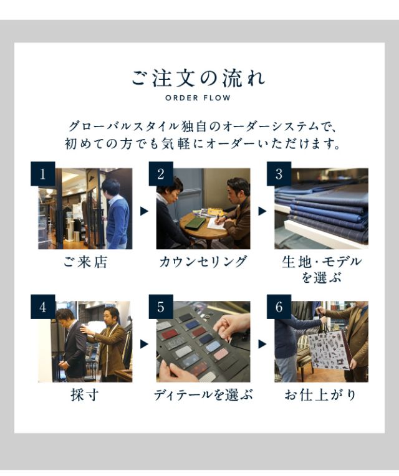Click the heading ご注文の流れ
click(x=199, y=79)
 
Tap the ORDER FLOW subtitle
click(x=198, y=98)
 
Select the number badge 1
click(x=43, y=174)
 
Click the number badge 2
click(x=161, y=174)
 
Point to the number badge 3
click(x=279, y=174)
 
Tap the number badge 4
click(x=43, y=307)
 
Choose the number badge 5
click(x=161, y=307)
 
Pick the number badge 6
click(x=279, y=307)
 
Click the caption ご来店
click(x=85, y=262)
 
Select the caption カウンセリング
click(x=203, y=262)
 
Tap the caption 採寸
click(x=85, y=395)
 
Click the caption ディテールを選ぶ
click(x=203, y=395)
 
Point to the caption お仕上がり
click(x=320, y=395)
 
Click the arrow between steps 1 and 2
click(x=144, y=211)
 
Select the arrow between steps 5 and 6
click(x=262, y=344)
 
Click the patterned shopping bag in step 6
click(x=329, y=350)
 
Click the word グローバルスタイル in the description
click(x=123, y=126)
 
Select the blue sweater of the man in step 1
click(x=117, y=219)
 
